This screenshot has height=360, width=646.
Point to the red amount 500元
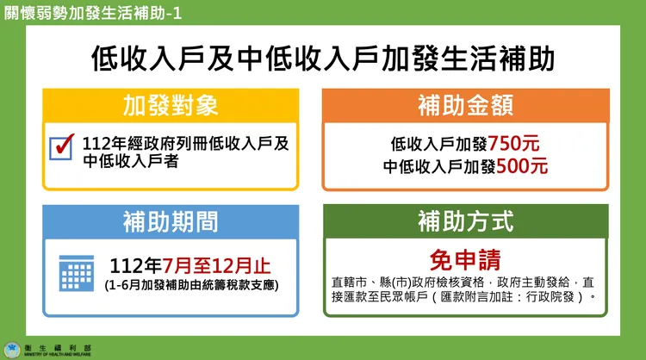click(x=521, y=166)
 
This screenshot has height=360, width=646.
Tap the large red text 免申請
click(x=465, y=259)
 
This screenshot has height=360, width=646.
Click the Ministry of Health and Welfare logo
click(x=12, y=350)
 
